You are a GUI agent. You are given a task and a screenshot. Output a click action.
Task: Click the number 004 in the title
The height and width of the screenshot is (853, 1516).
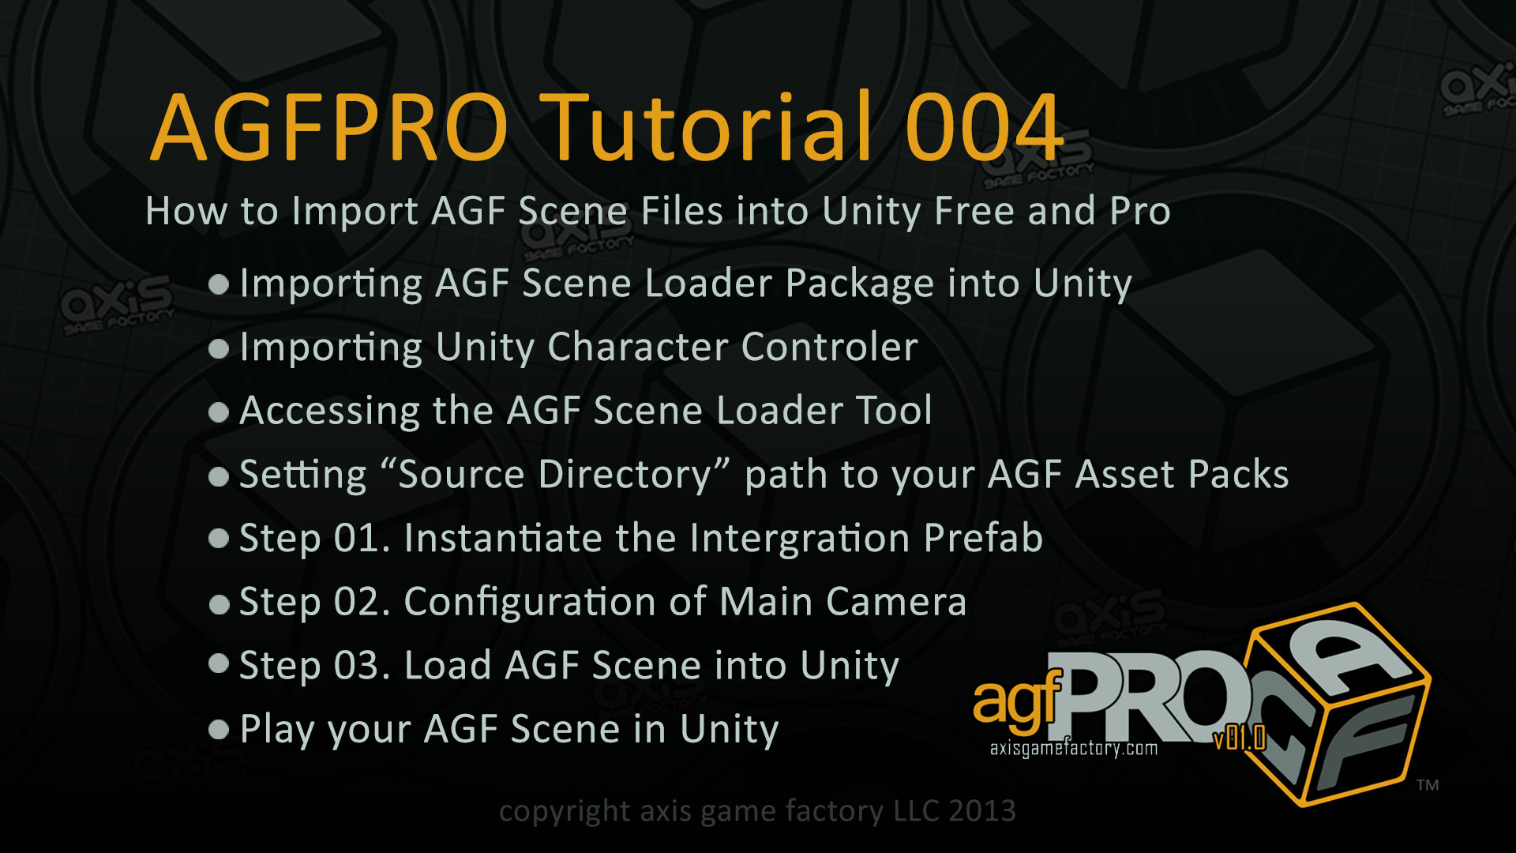[984, 126]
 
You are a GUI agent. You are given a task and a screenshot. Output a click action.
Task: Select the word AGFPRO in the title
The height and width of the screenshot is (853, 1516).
[330, 128]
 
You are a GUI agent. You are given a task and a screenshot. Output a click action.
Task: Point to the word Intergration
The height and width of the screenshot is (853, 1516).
[800, 538]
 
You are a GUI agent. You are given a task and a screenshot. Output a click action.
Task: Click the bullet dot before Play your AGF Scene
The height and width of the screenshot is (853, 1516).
[219, 729]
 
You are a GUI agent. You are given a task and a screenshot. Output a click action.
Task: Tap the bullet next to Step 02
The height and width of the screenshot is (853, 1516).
[219, 604]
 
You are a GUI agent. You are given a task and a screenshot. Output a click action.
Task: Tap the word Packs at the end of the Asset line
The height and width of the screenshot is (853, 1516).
[1239, 475]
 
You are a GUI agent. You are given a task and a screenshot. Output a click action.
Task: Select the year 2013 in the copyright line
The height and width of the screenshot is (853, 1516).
[982, 811]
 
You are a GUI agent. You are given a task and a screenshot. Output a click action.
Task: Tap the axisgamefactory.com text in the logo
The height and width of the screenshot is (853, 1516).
[1074, 748]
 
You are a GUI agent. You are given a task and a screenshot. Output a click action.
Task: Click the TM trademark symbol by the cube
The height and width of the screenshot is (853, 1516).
[1428, 785]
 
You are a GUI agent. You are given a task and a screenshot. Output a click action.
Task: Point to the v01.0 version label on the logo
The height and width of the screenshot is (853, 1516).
[1240, 738]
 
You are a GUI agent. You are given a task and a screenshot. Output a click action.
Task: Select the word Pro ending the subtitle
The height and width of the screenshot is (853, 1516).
[1140, 211]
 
